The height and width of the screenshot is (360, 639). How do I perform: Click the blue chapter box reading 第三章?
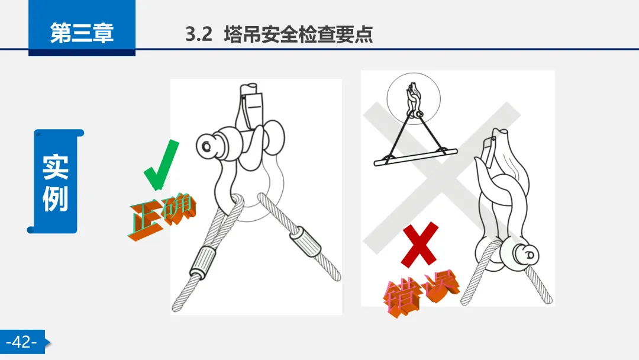pos(82,28)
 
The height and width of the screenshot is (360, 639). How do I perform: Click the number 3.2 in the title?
pos(199,34)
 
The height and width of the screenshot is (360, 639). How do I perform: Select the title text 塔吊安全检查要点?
pos(298,34)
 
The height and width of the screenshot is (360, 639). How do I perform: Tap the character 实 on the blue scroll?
pos(55,167)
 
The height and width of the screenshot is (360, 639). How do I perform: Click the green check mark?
pos(162,165)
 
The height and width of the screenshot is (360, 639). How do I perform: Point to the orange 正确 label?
pos(162,217)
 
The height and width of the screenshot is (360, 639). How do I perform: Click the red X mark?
pos(419,245)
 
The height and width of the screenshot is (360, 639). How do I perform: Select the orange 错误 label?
pos(421,292)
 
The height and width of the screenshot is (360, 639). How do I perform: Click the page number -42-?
pos(22,342)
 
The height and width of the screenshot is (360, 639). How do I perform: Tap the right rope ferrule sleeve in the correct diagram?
pos(306,240)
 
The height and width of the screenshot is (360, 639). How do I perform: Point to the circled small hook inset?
pos(414,99)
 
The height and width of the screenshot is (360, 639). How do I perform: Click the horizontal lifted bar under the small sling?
pos(416,157)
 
